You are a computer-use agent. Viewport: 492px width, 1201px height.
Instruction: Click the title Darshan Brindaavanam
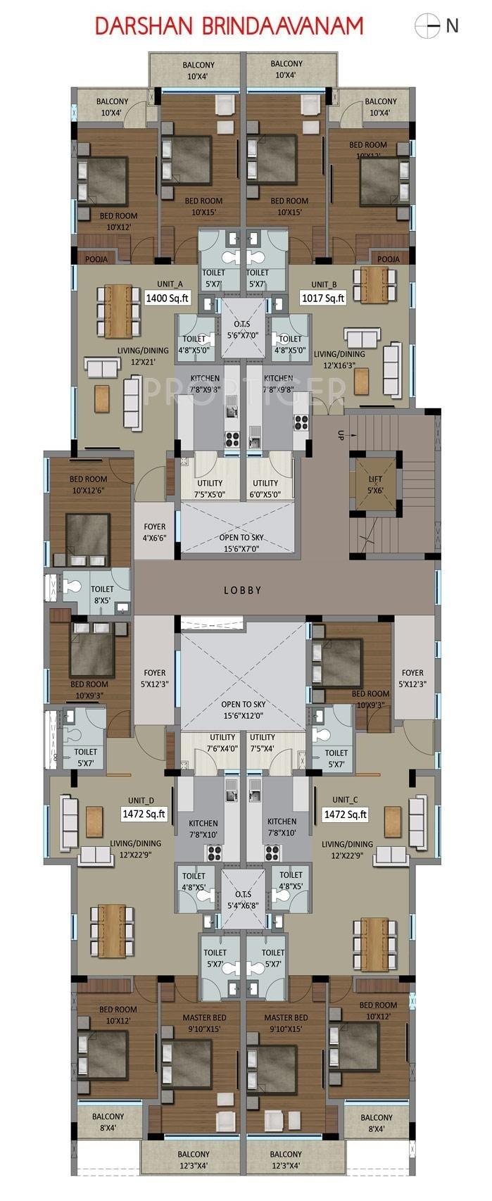coord(229,26)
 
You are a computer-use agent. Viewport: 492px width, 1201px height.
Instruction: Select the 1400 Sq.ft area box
coord(168,298)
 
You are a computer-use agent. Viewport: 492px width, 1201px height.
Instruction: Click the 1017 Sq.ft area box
coord(324,298)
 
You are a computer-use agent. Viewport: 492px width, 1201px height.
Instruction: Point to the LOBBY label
coord(243,590)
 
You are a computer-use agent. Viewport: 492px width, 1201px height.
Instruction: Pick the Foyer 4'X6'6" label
coord(154,532)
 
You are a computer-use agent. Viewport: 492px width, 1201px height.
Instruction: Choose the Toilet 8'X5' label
coord(102,594)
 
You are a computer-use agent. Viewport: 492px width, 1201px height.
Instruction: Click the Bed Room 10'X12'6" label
coord(89,484)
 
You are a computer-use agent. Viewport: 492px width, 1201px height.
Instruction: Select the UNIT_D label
coord(141,800)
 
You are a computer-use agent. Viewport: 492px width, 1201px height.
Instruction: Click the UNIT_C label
coord(345,800)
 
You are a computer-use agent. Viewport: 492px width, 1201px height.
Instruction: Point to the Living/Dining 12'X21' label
coord(143,356)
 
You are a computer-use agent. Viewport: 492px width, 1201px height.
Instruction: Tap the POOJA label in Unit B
coord(388,259)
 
